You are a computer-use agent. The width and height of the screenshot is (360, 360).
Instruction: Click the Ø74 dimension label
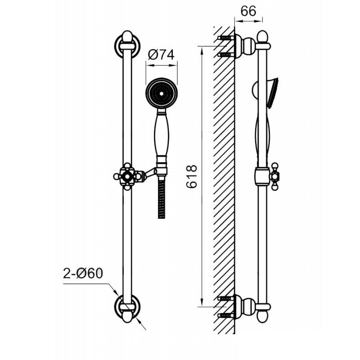[x=161, y=54]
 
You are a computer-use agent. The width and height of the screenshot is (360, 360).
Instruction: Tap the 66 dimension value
[x=248, y=11]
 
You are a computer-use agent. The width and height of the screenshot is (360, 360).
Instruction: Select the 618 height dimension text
[x=192, y=176]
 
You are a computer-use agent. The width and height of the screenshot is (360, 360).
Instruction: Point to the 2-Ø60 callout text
[x=83, y=274]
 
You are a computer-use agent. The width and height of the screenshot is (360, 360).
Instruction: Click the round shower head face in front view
[x=162, y=94]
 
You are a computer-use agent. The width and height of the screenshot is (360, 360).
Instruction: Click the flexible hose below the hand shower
[x=162, y=198]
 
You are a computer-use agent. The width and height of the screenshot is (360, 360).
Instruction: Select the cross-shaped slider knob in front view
[x=127, y=176]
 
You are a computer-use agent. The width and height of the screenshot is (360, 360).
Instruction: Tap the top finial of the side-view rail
[x=262, y=37]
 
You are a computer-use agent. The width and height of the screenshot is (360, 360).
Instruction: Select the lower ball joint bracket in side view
[x=245, y=307]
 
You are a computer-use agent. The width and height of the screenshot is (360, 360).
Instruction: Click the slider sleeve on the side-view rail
[x=262, y=176]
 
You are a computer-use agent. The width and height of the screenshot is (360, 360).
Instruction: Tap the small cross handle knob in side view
[x=274, y=176]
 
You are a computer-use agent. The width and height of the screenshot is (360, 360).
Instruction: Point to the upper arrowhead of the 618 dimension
[x=202, y=51]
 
